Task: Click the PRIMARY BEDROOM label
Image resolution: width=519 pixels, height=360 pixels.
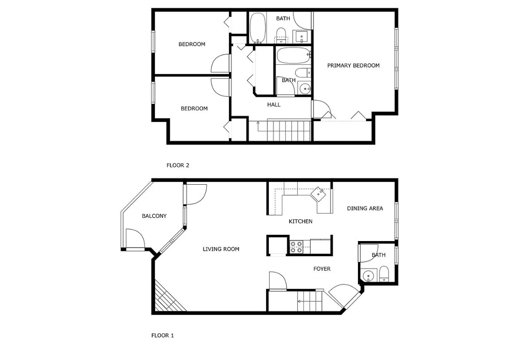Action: point(353,66)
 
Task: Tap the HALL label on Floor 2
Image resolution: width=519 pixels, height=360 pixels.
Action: point(274,105)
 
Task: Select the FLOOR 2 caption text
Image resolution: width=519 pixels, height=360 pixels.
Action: point(178,166)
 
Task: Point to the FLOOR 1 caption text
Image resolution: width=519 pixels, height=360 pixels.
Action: point(163,336)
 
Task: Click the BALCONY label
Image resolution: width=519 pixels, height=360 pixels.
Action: point(154,216)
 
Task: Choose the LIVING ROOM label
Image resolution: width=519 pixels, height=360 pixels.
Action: point(221,249)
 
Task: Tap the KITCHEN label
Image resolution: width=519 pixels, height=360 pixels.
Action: point(300,221)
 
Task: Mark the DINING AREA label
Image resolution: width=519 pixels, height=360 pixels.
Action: point(365,208)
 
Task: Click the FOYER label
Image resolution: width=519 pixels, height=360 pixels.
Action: point(322,269)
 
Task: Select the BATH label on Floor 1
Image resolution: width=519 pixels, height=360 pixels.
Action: point(378,255)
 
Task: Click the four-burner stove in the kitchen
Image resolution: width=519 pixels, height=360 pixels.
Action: point(296,247)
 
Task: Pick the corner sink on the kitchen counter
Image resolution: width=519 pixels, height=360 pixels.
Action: point(320,194)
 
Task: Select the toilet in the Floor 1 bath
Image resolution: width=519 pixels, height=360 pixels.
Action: point(384,274)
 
